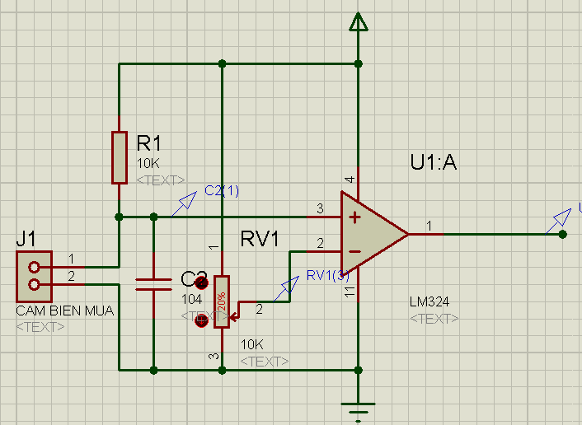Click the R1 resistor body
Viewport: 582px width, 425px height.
(x=120, y=157)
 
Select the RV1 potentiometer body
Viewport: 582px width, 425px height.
(x=221, y=301)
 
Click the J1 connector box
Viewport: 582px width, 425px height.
(x=34, y=276)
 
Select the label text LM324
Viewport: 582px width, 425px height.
(x=429, y=302)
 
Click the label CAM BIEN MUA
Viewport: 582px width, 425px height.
(x=64, y=311)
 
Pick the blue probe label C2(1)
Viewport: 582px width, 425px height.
(x=221, y=191)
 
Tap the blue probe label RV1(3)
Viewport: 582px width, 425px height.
(x=327, y=275)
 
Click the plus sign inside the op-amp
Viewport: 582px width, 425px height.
(x=354, y=217)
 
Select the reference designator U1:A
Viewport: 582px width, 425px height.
(x=433, y=162)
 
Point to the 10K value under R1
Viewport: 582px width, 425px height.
(x=148, y=164)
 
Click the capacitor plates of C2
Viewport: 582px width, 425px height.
(x=153, y=285)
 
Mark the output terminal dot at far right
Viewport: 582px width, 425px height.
(x=562, y=234)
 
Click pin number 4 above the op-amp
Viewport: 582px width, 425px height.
(x=350, y=179)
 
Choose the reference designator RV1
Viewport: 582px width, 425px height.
(x=260, y=239)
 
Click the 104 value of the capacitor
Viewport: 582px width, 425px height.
(x=191, y=300)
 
